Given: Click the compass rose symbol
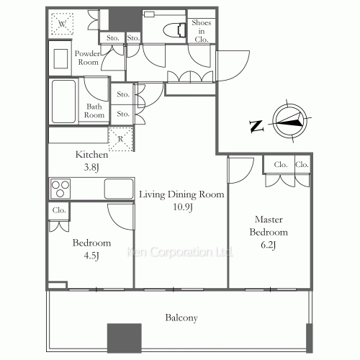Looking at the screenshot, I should [x=291, y=122].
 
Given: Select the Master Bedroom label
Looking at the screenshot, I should [x=269, y=225].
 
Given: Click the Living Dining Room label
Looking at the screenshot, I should [x=181, y=194].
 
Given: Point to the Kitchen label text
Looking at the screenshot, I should [x=92, y=155].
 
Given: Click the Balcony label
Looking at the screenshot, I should [x=181, y=318].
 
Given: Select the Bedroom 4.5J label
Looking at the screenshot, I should [x=91, y=249].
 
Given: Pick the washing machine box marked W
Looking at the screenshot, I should [x=63, y=24].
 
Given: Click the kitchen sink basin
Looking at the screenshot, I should [x=118, y=189].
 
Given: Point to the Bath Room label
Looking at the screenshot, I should [x=95, y=111].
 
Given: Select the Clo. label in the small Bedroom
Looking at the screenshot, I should [x=59, y=210].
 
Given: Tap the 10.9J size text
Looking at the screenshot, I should [x=181, y=207].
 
